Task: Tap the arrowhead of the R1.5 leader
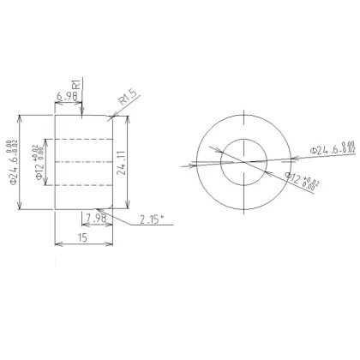pos(111,117)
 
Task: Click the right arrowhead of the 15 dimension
pos(111,245)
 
